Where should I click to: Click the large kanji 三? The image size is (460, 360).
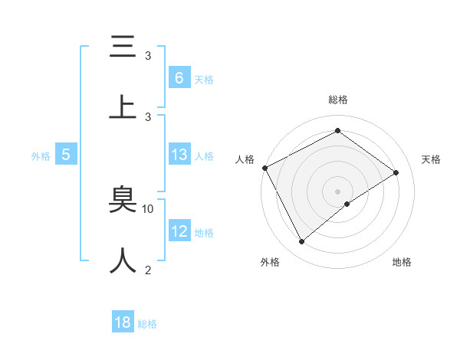(x=123, y=48)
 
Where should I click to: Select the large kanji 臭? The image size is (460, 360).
(x=123, y=201)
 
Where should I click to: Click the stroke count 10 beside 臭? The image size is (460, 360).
(x=148, y=208)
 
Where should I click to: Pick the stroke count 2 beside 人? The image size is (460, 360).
(x=148, y=270)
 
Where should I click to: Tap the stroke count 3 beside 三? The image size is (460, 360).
(x=148, y=56)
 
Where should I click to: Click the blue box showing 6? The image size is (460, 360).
(x=179, y=78)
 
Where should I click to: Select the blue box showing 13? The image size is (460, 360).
(x=179, y=155)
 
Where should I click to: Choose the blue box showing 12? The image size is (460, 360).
(x=179, y=231)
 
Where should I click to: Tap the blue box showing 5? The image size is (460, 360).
(x=66, y=155)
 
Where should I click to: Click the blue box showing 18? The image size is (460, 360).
(x=123, y=322)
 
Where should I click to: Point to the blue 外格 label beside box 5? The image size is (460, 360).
(x=41, y=155)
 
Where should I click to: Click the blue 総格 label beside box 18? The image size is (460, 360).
(x=147, y=323)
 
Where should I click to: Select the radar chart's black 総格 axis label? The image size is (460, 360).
(x=338, y=100)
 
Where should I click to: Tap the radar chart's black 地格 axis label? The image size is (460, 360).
(x=402, y=262)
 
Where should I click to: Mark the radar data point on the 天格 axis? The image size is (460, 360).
(x=396, y=172)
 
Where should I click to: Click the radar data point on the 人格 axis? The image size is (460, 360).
(x=265, y=168)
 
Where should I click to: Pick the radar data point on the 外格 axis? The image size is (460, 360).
(x=301, y=242)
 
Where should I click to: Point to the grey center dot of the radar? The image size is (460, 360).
(x=338, y=191)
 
